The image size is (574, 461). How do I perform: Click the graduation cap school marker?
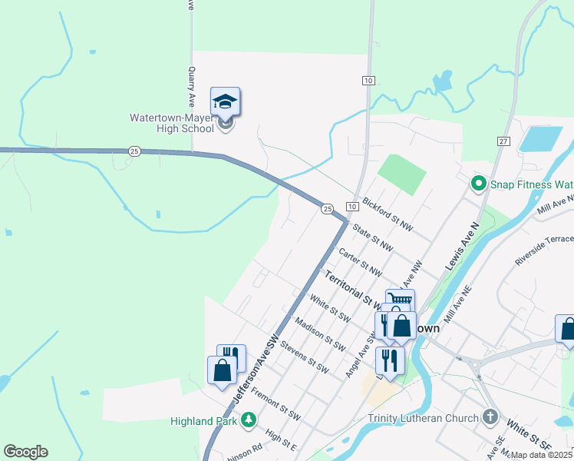(x=225, y=101)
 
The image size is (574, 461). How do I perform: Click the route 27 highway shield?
(x=503, y=141)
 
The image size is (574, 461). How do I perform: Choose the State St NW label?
(x=372, y=238)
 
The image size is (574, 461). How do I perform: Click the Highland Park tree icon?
(x=248, y=420)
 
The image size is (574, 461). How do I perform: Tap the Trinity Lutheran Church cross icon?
(x=491, y=418)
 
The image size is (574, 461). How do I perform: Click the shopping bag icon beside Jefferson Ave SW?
(x=222, y=370)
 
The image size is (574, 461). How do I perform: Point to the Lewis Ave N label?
(x=461, y=245)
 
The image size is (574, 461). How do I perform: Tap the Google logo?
(x=25, y=452)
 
